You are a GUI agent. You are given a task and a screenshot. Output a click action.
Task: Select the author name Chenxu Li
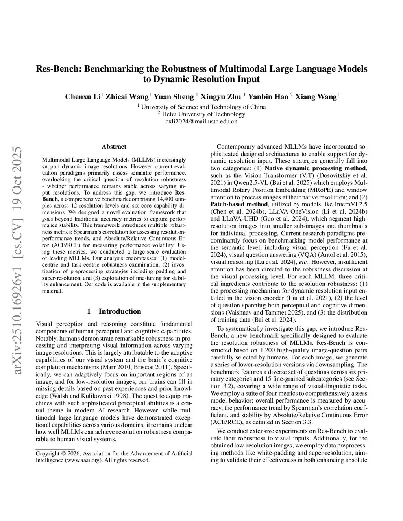(x=83, y=97)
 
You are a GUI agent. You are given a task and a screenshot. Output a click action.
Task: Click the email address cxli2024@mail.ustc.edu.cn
(x=201, y=122)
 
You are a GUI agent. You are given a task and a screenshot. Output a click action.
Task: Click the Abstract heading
(x=114, y=147)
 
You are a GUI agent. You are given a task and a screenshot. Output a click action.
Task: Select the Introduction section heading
(x=119, y=311)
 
